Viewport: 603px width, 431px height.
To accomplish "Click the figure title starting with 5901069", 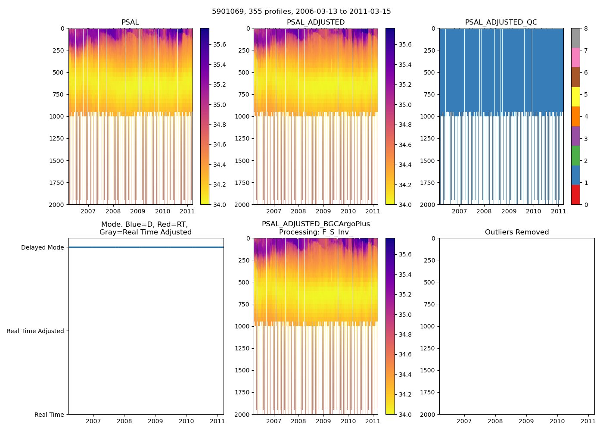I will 301,12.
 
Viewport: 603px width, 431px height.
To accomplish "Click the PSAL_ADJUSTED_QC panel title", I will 501,22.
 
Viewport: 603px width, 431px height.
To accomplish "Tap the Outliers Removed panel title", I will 516,232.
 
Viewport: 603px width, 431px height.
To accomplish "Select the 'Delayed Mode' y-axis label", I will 42,247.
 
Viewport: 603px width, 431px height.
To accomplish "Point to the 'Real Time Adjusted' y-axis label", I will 35,331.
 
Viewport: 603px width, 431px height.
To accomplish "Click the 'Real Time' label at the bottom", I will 49,415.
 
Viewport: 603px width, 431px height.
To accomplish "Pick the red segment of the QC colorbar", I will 575,194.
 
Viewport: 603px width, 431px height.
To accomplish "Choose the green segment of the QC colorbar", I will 575,156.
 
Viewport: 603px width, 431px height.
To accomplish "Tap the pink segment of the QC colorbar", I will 575,58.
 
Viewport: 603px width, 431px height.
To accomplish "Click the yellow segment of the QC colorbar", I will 575,97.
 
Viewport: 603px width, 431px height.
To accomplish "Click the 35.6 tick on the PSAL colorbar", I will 220,44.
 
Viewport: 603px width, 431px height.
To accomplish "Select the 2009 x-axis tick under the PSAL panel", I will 138,211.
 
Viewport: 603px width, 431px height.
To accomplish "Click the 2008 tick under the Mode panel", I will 124,421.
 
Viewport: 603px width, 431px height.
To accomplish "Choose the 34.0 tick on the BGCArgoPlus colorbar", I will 405,415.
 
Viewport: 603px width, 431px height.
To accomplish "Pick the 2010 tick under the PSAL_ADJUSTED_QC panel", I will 533,211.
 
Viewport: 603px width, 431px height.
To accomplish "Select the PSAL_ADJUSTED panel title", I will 316,22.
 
